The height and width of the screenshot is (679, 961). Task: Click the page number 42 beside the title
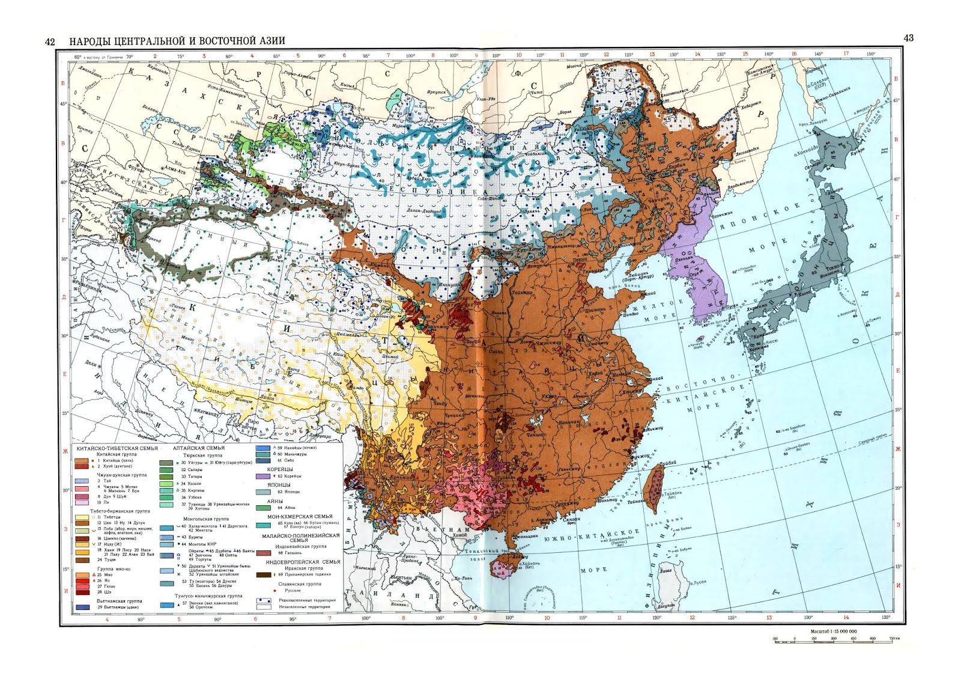point(50,41)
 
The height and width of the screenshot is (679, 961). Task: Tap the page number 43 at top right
point(908,38)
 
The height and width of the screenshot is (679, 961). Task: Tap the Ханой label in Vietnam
point(459,534)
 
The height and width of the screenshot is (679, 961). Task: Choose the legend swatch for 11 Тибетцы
point(82,517)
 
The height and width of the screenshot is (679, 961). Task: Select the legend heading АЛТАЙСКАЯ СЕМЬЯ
point(199,448)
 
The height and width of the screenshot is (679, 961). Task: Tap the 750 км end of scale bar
point(894,639)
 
